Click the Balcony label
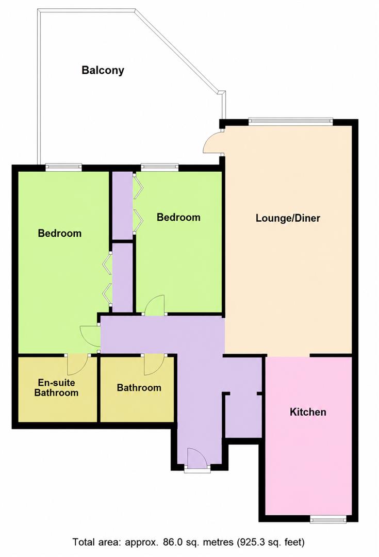point(103,70)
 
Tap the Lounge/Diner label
point(288,218)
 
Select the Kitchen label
point(308,412)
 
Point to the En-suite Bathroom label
point(57,387)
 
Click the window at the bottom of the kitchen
point(328,519)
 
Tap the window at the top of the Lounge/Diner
point(290,122)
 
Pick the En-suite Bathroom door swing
point(77,365)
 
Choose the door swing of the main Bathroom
point(154,365)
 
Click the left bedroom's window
point(63,167)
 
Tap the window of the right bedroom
point(159,167)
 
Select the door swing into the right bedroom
point(155,305)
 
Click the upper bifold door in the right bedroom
point(138,186)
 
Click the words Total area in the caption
point(93,542)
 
